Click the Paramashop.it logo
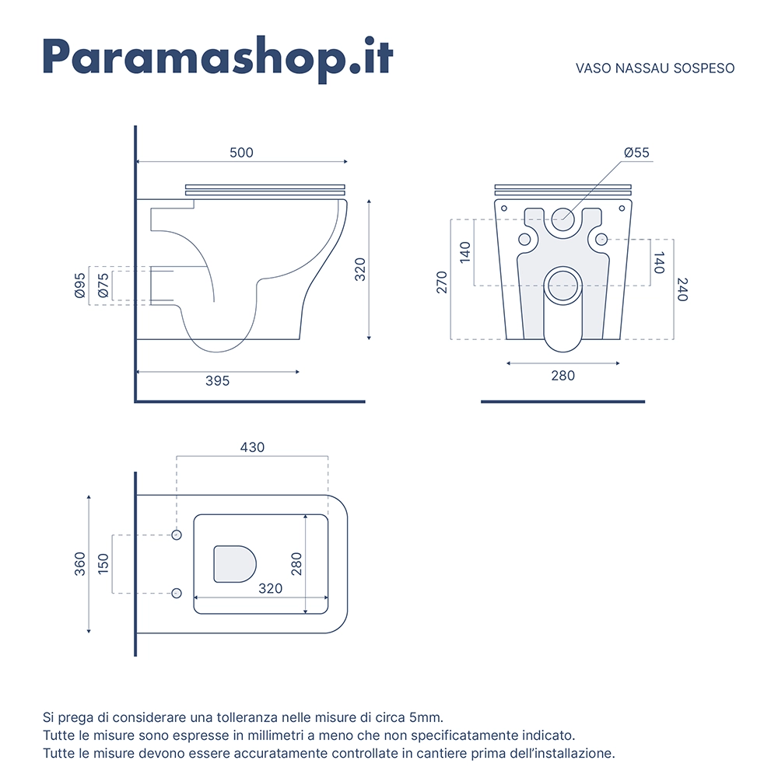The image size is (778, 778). point(218,58)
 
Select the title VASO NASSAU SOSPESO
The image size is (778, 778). point(655,68)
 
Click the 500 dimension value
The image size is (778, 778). point(242,152)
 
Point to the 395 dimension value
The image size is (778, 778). point(217,380)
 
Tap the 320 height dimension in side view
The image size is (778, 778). point(359,269)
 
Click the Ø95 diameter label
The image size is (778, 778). point(80,286)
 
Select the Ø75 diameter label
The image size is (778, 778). point(103,286)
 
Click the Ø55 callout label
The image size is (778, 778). point(636,152)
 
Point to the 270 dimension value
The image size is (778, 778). point(442,282)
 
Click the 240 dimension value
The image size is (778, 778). point(682,289)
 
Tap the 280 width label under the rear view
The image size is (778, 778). point(563,376)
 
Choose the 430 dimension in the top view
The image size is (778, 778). point(252,447)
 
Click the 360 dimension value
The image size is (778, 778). point(80,564)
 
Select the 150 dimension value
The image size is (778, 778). point(103,564)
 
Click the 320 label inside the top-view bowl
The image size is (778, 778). point(271,588)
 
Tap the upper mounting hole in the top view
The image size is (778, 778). point(177,535)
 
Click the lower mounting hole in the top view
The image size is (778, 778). point(177,593)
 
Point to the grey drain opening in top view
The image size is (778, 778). point(235,564)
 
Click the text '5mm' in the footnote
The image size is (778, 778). point(426,717)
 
